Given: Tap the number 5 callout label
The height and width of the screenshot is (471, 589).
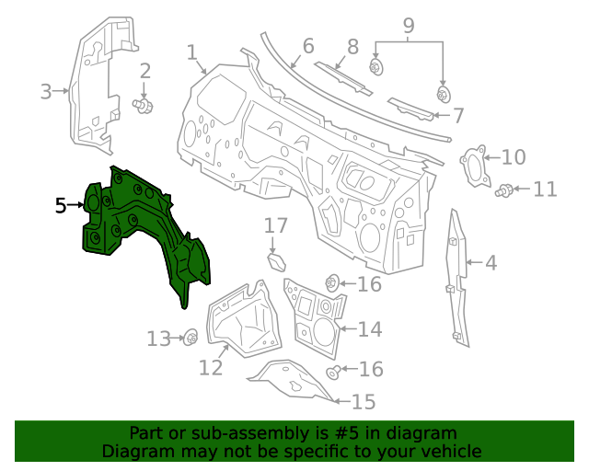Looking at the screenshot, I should pyautogui.click(x=61, y=205).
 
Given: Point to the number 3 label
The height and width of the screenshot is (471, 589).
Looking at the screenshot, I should pyautogui.click(x=46, y=91).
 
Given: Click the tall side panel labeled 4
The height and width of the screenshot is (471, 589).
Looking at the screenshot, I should pyautogui.click(x=457, y=276).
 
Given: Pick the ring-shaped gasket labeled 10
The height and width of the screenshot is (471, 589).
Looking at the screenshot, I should pyautogui.click(x=471, y=166).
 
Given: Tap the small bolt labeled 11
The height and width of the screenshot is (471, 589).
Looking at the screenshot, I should pyautogui.click(x=505, y=190).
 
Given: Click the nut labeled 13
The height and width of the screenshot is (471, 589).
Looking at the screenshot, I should pyautogui.click(x=191, y=338).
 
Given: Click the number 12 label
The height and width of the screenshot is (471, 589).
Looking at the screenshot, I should pyautogui.click(x=211, y=367).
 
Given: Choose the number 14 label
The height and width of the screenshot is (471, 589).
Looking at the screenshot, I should pyautogui.click(x=369, y=329).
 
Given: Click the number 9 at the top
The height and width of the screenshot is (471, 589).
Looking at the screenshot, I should pyautogui.click(x=409, y=27).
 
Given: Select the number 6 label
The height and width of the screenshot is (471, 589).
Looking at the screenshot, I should pyautogui.click(x=307, y=44).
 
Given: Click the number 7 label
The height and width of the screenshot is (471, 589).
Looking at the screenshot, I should pyautogui.click(x=458, y=116).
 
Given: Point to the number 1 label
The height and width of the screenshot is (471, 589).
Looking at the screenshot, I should pyautogui.click(x=192, y=52).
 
